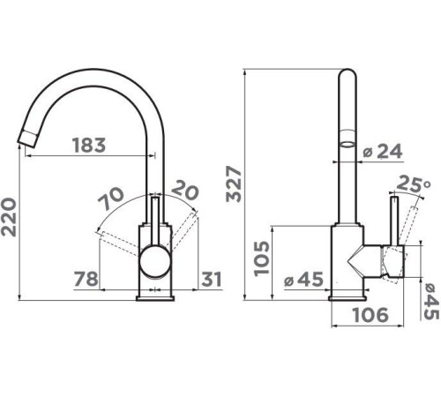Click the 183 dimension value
tap(89, 146)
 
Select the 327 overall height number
tap(234, 184)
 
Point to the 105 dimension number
tap(262, 258)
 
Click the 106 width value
tap(370, 315)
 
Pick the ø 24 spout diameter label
tap(382, 152)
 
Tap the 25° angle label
tap(414, 184)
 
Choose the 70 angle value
tap(110, 198)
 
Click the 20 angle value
tap(185, 191)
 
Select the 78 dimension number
tap(86, 279)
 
